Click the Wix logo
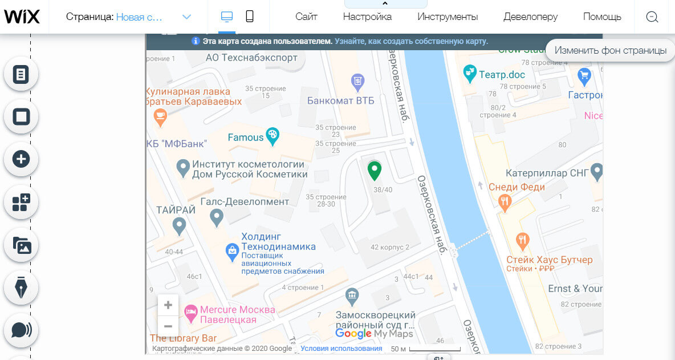[22, 17]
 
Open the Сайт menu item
[306, 17]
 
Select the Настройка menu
[367, 17]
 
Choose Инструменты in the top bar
[448, 17]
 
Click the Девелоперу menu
[530, 17]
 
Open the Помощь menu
[602, 17]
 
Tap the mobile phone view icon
[250, 17]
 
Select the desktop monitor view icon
[227, 17]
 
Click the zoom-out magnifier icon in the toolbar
[652, 17]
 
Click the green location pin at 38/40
[374, 170]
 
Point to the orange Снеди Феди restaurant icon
[505, 201]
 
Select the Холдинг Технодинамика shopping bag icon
[232, 250]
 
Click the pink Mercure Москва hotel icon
[190, 312]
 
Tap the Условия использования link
[341, 349]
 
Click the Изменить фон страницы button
[610, 50]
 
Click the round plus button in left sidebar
[21, 159]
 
